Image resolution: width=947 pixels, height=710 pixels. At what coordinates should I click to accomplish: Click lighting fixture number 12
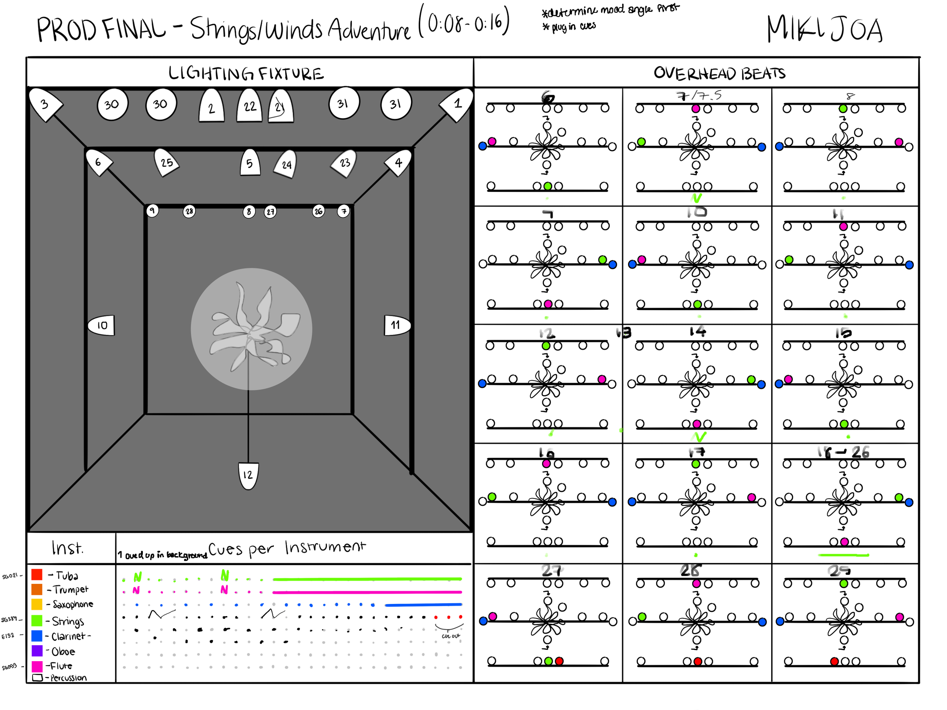(x=248, y=475)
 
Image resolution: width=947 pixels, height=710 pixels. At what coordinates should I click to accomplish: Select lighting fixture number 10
(x=102, y=325)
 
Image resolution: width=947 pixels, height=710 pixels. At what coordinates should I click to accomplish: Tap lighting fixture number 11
(x=397, y=325)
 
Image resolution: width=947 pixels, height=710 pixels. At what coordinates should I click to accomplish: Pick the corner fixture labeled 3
(x=45, y=104)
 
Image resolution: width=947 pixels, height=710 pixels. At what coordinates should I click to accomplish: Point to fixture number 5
(x=250, y=163)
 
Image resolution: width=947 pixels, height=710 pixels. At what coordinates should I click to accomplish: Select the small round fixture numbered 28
(x=189, y=211)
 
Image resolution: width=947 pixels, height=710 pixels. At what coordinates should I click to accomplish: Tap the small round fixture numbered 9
(x=152, y=211)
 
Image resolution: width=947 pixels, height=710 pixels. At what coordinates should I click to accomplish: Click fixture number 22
(x=250, y=106)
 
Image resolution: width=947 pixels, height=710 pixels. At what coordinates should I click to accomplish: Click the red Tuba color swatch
(x=37, y=575)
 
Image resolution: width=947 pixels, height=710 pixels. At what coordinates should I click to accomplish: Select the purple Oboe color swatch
(x=37, y=651)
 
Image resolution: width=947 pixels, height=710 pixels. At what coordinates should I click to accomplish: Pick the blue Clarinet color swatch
(x=37, y=635)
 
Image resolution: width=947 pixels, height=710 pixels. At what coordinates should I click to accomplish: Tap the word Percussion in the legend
(x=69, y=678)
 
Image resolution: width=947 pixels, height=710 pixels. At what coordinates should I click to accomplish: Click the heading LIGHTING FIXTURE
(x=246, y=74)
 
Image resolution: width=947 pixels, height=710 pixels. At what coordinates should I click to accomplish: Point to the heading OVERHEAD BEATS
(x=719, y=74)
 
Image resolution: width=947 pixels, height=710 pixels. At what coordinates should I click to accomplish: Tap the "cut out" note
(x=450, y=636)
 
